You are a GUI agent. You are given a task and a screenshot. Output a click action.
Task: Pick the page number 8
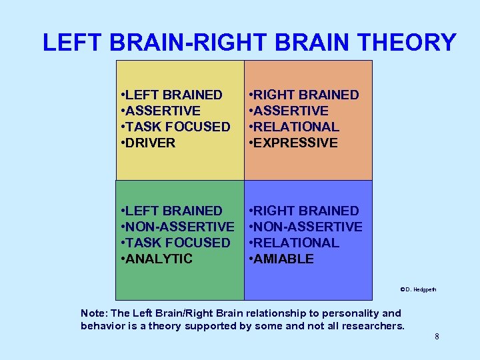437,337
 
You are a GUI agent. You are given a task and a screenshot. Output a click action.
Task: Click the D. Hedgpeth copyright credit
418,289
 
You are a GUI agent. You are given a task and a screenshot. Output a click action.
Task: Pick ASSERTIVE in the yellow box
163,111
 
